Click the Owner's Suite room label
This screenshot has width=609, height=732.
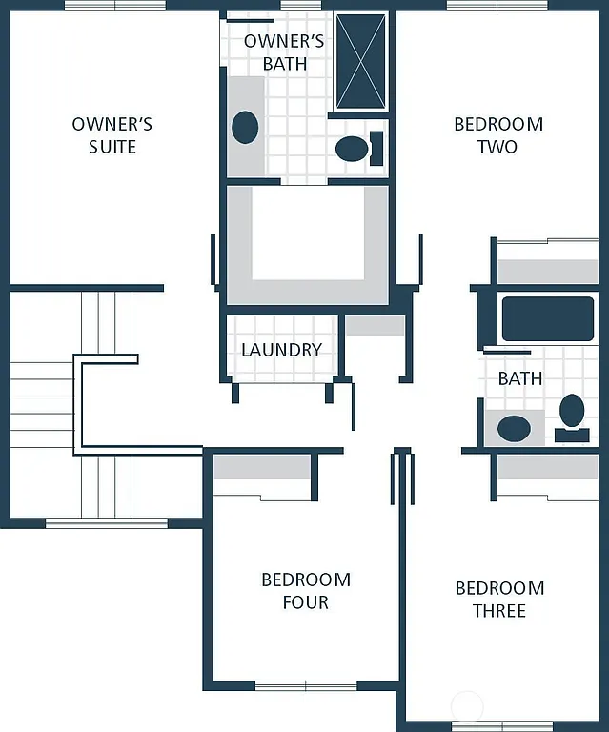[112, 135]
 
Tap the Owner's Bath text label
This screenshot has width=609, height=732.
[284, 52]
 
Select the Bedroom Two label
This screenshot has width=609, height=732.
[497, 135]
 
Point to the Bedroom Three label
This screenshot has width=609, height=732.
[498, 600]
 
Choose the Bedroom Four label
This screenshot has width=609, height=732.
[306, 591]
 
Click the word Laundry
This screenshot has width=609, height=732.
[281, 350]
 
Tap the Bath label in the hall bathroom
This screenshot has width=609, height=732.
[520, 378]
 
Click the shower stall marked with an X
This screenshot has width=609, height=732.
[361, 61]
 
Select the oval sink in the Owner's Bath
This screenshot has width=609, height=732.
[245, 127]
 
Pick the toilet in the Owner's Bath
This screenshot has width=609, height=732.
[353, 148]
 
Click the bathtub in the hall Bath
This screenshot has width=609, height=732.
[547, 318]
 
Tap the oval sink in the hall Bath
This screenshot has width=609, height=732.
[514, 428]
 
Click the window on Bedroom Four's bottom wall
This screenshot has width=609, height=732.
[306, 684]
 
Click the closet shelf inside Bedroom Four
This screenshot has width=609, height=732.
[262, 467]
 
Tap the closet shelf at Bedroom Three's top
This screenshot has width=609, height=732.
[548, 467]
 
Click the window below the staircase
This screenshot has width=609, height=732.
[106, 522]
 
